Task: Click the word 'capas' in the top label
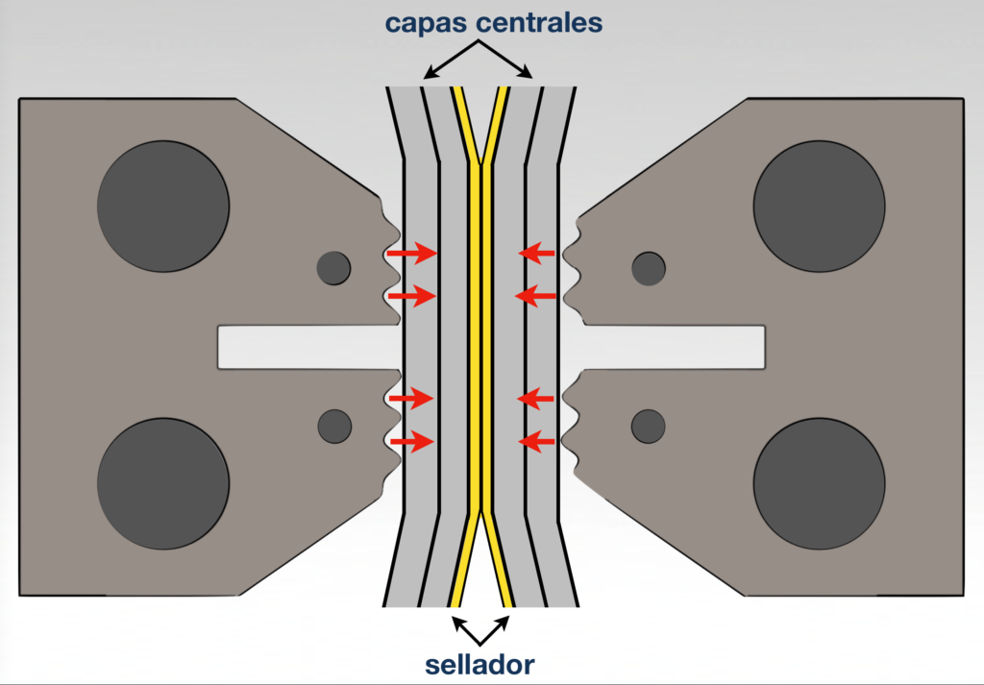pos(425,23)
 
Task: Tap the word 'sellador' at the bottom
pos(480,664)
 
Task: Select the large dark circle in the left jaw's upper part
pos(163,206)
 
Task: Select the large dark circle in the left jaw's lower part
pos(163,482)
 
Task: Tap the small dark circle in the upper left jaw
pos(334,267)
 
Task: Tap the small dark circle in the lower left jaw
pos(334,425)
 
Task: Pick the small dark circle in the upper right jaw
pos(649,268)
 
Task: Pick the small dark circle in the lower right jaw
pos(649,425)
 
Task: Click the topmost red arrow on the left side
pos(410,254)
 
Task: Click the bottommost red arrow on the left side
pos(410,442)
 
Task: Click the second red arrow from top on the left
pos(410,296)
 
